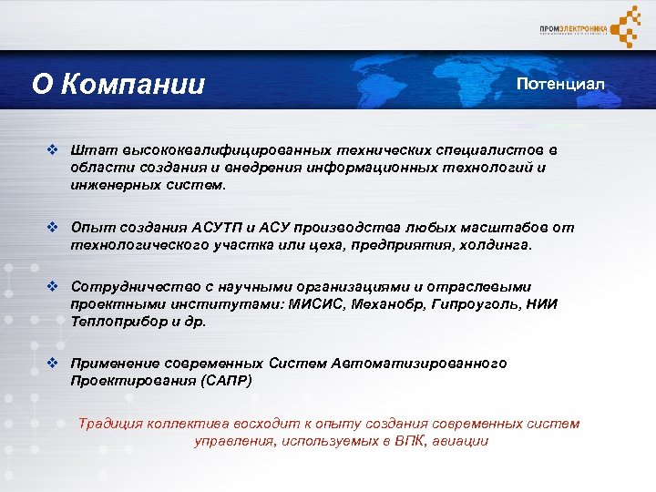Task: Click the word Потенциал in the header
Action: (x=559, y=84)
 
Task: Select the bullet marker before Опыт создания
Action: (x=54, y=227)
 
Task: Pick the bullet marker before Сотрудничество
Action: (x=54, y=287)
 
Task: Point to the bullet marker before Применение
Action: (x=54, y=364)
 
